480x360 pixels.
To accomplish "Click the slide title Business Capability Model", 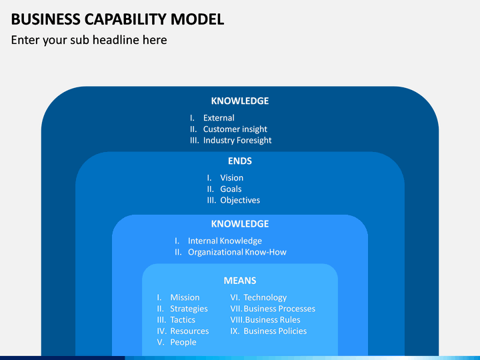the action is (117, 19).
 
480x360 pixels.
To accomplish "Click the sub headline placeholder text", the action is (89, 40).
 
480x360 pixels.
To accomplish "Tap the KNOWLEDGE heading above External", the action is (240, 101).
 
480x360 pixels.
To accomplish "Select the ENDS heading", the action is (240, 161).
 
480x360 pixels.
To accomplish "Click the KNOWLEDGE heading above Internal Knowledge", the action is (240, 224).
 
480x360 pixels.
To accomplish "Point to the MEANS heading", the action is (240, 281).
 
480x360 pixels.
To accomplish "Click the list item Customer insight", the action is (235, 129).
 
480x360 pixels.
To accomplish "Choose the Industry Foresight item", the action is (237, 141).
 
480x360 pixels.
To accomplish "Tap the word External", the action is (219, 118).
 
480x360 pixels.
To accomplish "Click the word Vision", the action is (232, 178).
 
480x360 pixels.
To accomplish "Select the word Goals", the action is (231, 189).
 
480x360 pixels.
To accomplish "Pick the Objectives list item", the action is (240, 200).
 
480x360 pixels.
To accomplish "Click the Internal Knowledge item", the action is (225, 241).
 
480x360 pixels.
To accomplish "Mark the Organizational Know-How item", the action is (237, 252).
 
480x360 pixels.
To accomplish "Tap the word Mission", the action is (185, 297).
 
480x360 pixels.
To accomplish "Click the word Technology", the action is (265, 297).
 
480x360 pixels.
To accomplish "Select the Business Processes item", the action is (279, 309).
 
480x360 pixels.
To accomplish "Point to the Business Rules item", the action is (273, 320).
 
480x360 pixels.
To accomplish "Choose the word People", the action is (183, 342).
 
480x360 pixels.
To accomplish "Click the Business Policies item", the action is (275, 331).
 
